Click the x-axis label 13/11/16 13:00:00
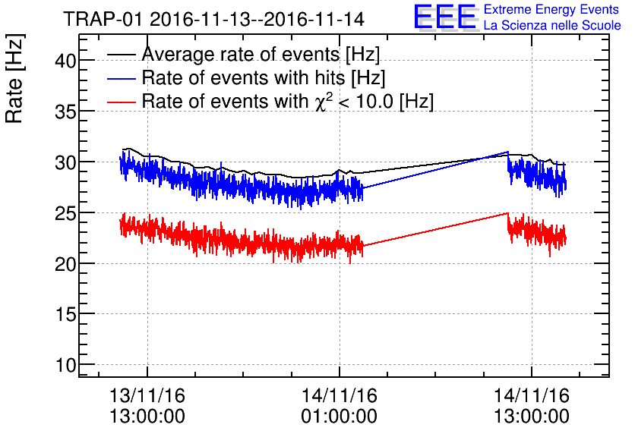[x=147, y=405]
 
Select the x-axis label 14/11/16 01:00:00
[x=339, y=405]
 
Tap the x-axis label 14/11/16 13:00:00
[x=531, y=405]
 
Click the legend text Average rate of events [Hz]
[x=261, y=55]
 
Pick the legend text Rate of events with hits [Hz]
[x=264, y=78]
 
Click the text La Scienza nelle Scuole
[x=552, y=26]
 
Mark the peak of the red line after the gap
[x=507, y=213]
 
